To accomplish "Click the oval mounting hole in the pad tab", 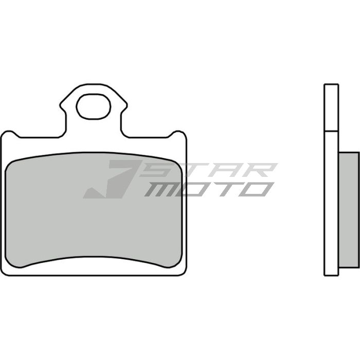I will point(93,106).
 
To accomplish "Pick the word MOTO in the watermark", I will point(208,189).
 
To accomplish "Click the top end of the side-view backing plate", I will point(331,85).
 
